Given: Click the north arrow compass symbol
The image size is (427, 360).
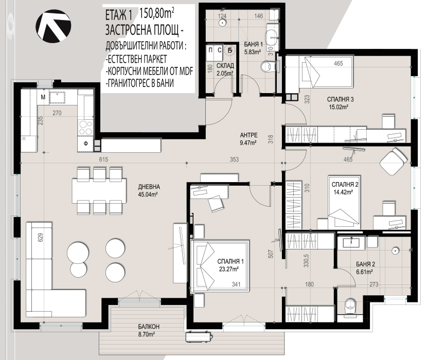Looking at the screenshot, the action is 54,26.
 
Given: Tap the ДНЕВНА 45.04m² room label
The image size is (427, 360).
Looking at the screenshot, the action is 149,190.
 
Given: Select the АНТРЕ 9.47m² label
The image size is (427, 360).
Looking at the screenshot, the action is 248,139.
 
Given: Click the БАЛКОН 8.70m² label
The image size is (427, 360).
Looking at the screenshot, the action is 148,330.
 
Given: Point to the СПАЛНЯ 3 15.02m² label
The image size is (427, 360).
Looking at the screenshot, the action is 340,103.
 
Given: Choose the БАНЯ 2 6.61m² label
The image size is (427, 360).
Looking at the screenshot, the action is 365,267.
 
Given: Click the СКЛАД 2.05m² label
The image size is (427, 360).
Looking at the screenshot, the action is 225,69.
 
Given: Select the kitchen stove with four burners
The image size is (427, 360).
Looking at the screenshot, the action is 85,128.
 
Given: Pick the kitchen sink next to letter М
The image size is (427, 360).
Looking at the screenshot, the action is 57,98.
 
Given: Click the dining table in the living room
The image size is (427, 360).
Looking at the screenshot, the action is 99,191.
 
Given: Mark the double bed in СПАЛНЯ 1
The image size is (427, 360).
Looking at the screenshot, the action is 220,266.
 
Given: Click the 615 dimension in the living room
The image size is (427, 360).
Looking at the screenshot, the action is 103,159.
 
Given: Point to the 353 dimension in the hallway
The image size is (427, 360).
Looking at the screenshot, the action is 234,159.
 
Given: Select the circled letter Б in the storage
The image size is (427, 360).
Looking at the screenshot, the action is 230,50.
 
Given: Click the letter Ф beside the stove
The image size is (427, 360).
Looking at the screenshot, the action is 85,144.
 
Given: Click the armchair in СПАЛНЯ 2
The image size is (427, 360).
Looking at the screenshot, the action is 394,162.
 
